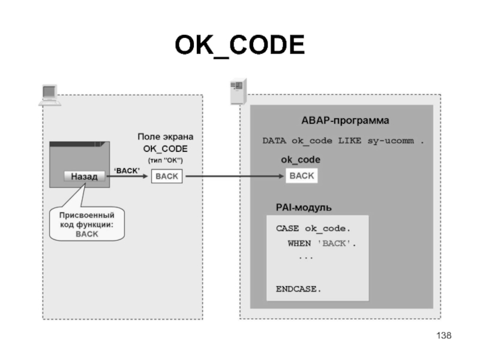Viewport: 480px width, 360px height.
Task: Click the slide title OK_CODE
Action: coord(239,46)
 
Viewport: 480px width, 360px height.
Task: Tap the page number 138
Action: coord(445,335)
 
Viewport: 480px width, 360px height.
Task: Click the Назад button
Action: coord(84,176)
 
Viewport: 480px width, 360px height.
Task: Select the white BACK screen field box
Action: coord(167,176)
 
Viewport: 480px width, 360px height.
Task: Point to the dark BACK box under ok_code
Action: coord(301,176)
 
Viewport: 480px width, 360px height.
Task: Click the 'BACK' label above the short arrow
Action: coord(127,170)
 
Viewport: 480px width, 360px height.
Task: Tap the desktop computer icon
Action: coord(49,95)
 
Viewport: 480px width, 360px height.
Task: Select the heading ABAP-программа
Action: coord(341,121)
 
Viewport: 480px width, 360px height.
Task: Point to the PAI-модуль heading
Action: coord(304,207)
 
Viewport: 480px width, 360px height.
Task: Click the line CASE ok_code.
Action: coord(313,229)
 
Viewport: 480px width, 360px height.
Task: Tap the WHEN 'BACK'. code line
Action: coord(322,244)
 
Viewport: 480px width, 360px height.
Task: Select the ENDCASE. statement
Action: coord(298,289)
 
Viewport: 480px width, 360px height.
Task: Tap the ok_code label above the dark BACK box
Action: coord(301,160)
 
